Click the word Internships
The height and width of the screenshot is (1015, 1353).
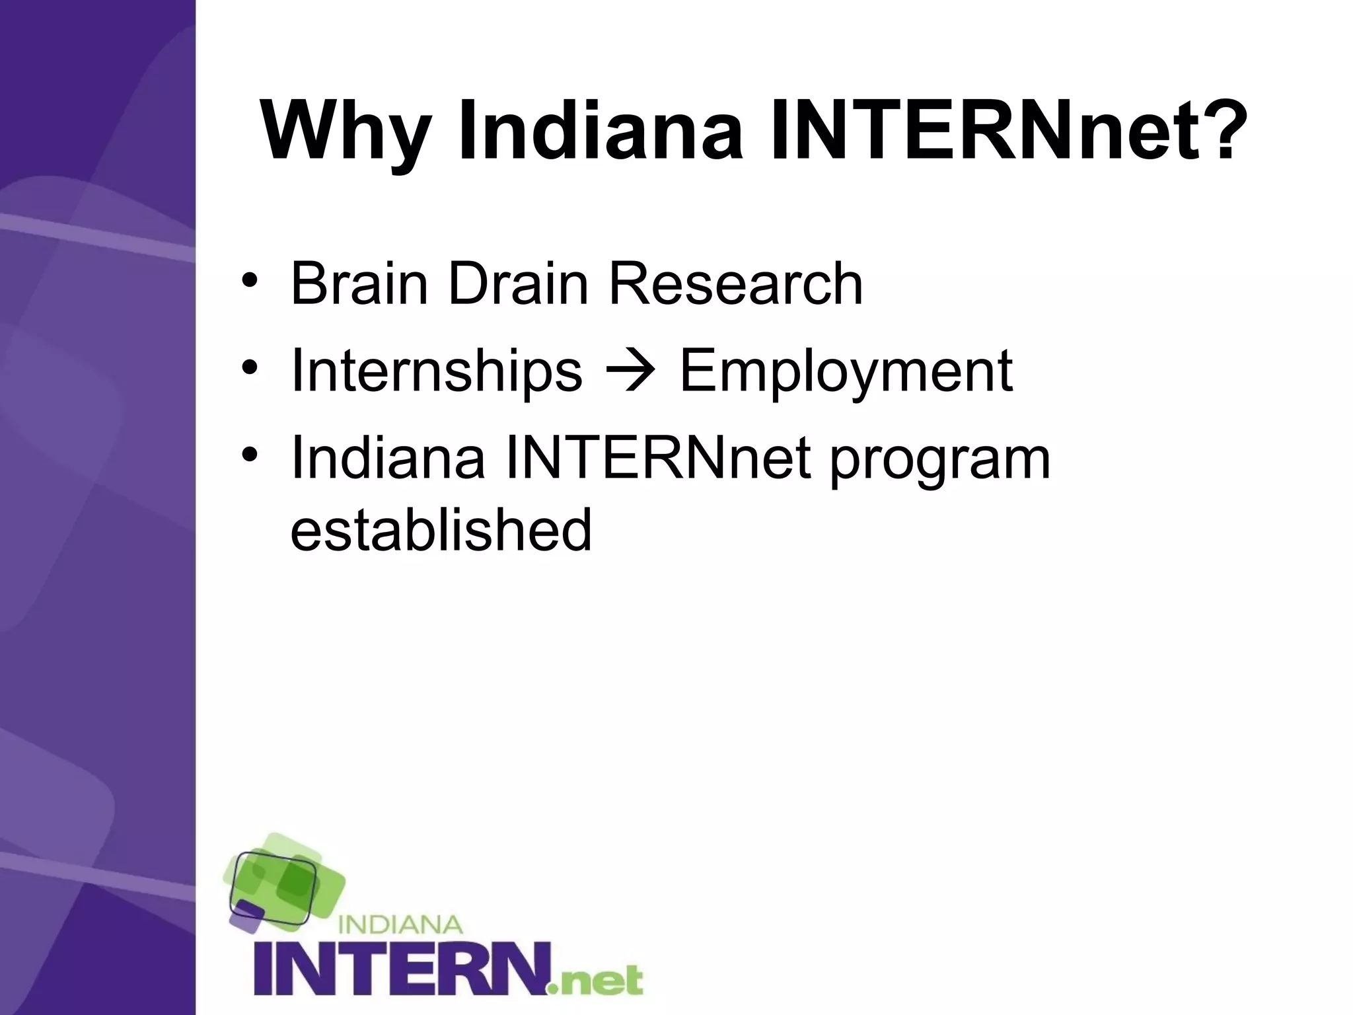point(437,372)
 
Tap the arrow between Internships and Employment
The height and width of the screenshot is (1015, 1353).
point(631,372)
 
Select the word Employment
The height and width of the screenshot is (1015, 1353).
point(846,372)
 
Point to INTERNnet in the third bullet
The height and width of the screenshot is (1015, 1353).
point(657,459)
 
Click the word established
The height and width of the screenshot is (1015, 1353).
point(441,530)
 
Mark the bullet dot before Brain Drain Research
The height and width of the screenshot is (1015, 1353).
point(249,280)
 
